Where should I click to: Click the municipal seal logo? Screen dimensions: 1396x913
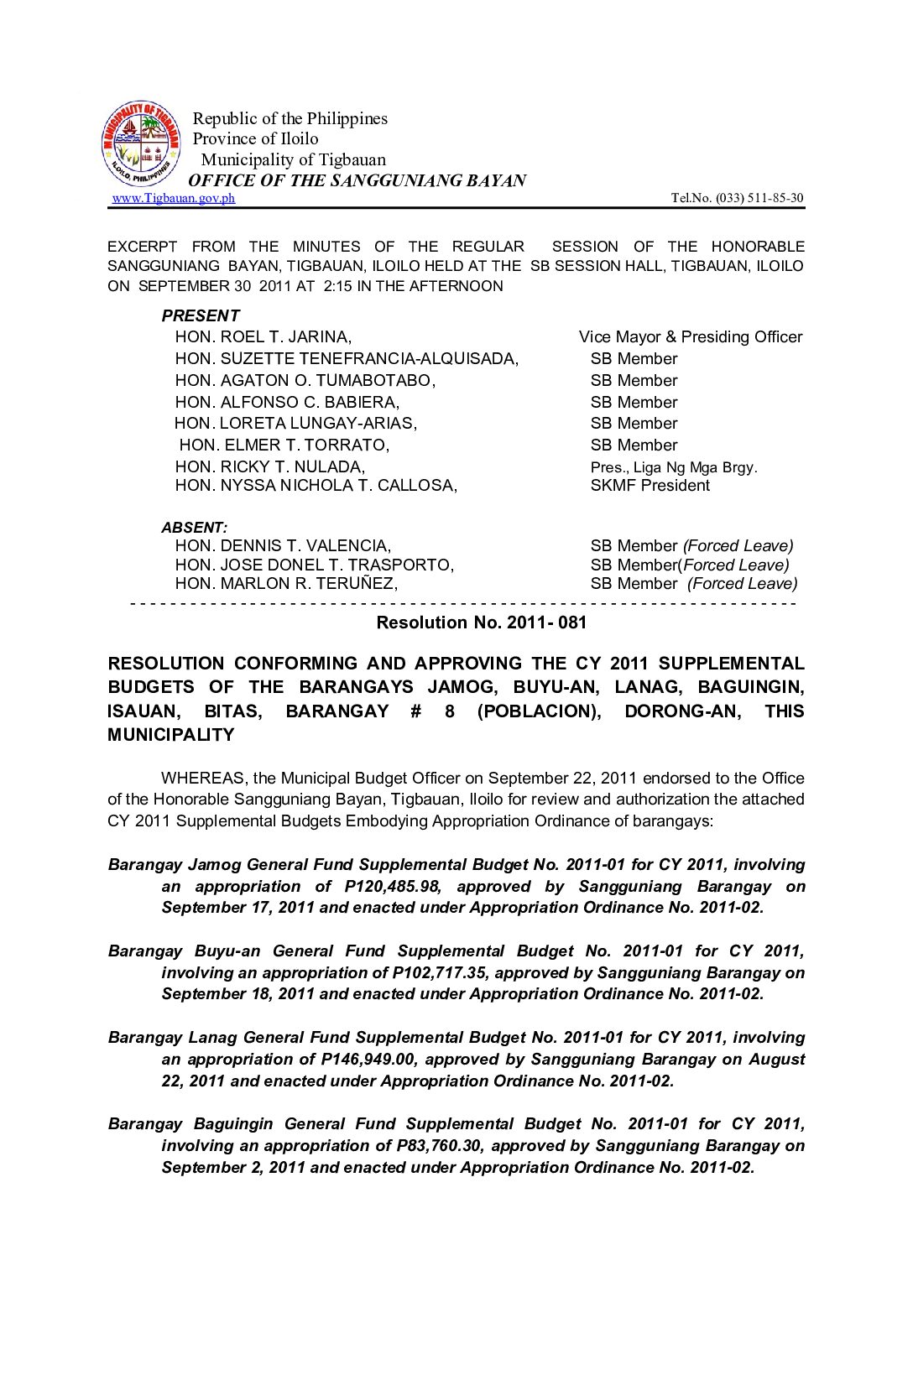(x=140, y=143)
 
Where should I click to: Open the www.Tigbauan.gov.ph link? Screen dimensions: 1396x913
(x=174, y=198)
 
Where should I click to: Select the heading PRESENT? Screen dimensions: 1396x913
(x=201, y=315)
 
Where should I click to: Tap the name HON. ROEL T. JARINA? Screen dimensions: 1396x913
(x=263, y=337)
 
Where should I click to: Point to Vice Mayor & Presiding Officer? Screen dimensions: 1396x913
(x=690, y=337)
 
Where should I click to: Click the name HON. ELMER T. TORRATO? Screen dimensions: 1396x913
(x=284, y=445)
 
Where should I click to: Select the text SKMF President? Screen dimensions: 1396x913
(x=650, y=486)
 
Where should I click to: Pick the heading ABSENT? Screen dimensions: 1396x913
(x=195, y=528)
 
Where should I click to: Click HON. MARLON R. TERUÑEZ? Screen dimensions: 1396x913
(x=286, y=584)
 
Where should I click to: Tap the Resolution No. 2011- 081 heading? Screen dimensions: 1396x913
(x=481, y=622)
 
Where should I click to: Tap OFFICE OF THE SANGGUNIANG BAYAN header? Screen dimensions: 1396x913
(x=357, y=180)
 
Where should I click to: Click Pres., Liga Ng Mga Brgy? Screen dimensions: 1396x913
(x=674, y=467)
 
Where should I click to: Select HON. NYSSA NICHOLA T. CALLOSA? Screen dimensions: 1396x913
(x=316, y=486)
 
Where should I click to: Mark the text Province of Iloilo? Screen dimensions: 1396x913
(x=255, y=139)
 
